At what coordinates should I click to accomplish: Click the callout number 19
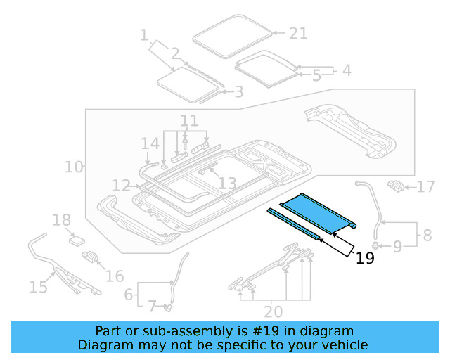coord(365,259)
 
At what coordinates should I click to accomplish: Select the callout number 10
coord(73,167)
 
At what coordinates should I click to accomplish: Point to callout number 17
coord(425,187)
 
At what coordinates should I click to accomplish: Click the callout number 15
coord(38,286)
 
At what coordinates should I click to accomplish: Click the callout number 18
coord(62,221)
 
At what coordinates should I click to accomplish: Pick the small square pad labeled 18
coord(75,239)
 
